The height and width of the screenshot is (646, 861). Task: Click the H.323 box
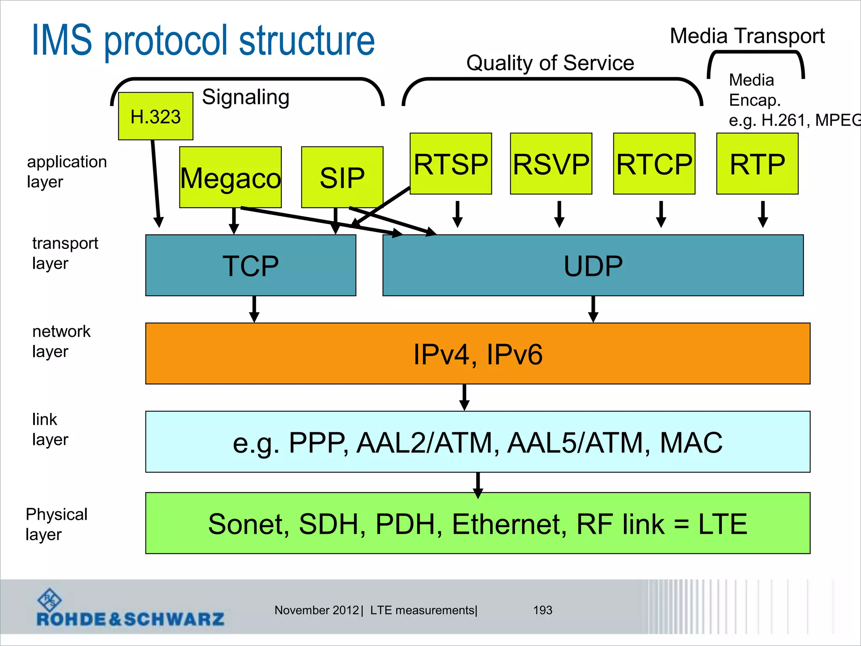tap(156, 116)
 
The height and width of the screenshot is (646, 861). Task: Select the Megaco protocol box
tap(230, 177)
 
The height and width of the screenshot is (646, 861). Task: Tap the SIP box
tap(342, 177)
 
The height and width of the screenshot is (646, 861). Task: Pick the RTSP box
tap(451, 164)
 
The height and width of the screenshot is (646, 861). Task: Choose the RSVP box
tap(551, 164)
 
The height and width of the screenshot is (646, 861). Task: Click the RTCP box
tap(654, 164)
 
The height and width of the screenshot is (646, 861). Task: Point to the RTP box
tap(757, 164)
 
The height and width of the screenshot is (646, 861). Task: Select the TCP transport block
tap(251, 265)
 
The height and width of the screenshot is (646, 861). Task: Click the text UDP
tap(593, 266)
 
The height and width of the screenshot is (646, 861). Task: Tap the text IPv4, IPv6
tap(478, 354)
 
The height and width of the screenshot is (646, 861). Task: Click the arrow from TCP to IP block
tap(254, 309)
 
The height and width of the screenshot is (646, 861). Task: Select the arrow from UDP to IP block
tap(593, 309)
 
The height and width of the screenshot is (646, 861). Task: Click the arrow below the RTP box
tap(763, 214)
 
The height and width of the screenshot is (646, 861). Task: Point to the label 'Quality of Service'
tap(550, 64)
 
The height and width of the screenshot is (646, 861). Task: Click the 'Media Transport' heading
tap(747, 36)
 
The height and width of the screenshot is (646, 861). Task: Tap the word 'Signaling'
tap(246, 97)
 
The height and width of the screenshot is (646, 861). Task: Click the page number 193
tap(542, 610)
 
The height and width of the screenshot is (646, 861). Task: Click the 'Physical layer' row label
tap(56, 524)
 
